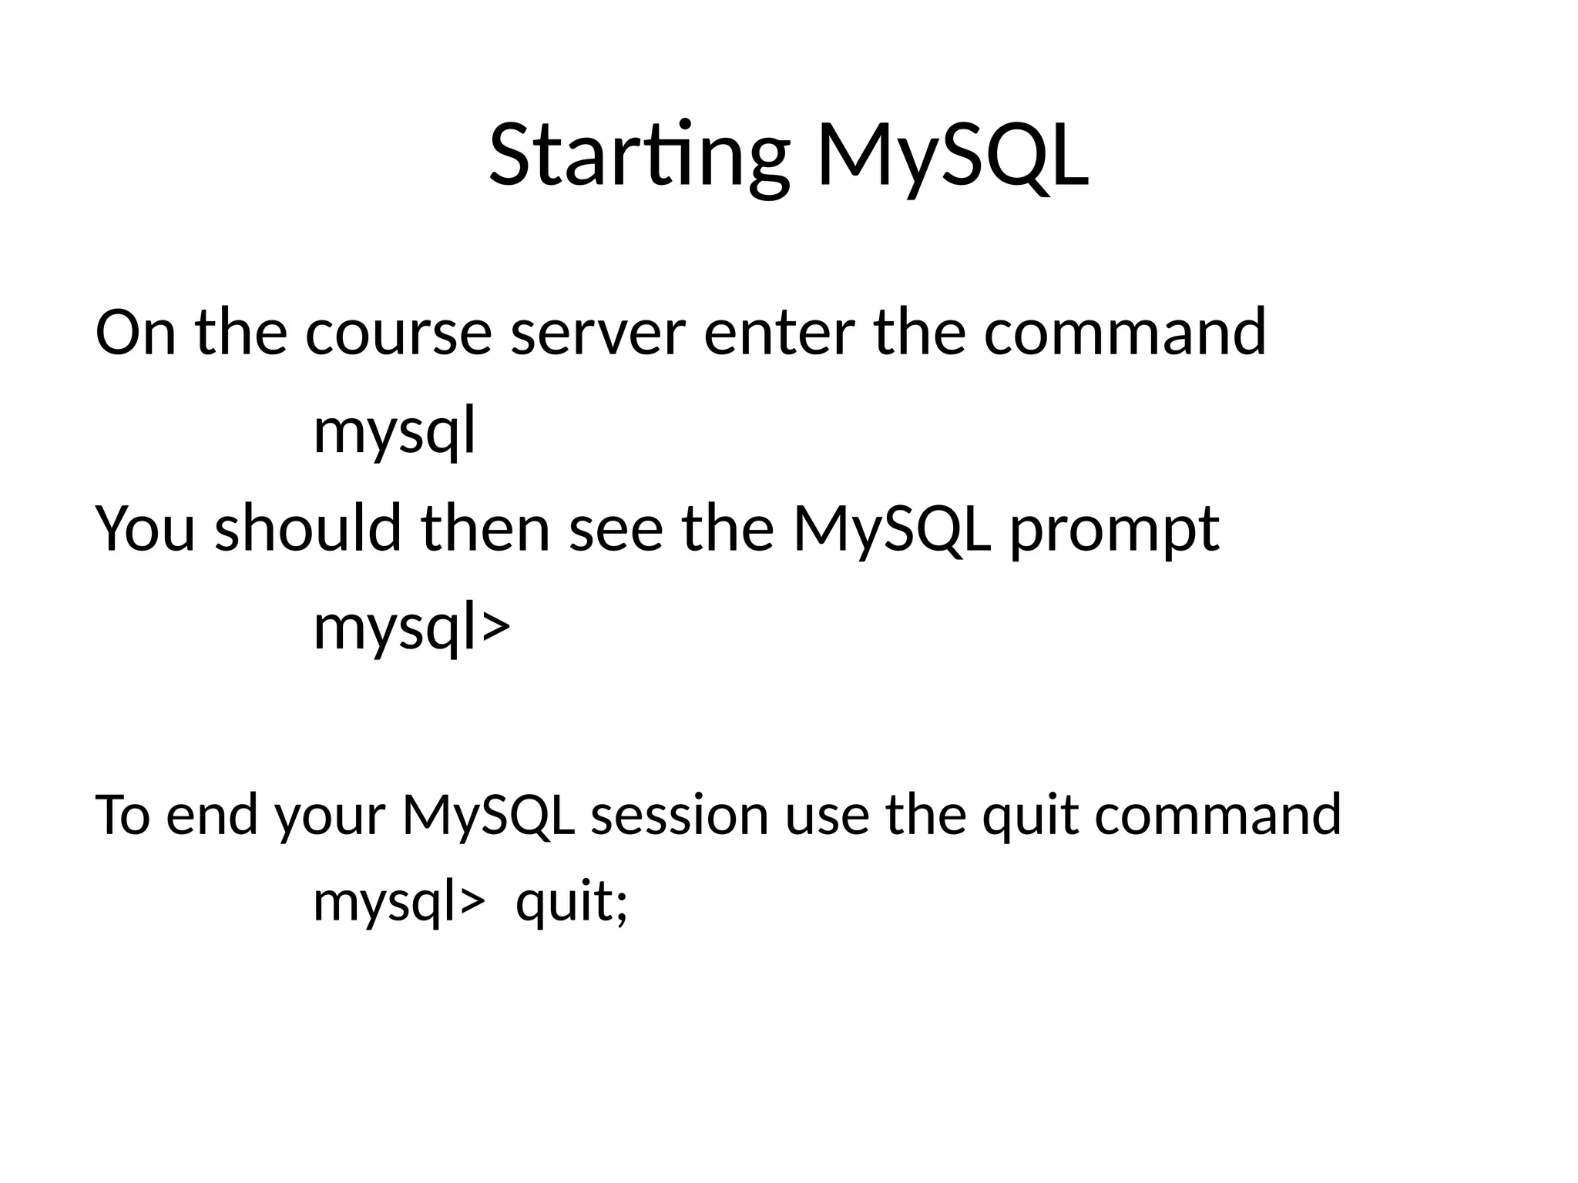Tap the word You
145,529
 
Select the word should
307,529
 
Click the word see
616,531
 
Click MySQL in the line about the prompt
891,531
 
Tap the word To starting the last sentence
122,815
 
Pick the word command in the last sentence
1217,815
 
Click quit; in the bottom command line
571,902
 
